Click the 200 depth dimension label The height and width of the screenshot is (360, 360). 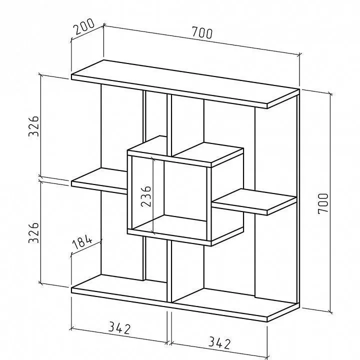(x=84, y=26)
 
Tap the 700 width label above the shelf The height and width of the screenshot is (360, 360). (x=202, y=32)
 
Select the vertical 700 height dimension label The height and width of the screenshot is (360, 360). (x=323, y=203)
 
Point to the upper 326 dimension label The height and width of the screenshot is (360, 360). (x=33, y=126)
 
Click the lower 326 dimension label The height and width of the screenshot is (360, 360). (x=33, y=232)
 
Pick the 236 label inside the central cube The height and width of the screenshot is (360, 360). (x=146, y=196)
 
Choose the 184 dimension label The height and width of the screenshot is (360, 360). (x=82, y=242)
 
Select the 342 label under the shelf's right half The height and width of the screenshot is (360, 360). (x=219, y=343)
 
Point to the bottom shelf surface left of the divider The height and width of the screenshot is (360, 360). (x=119, y=287)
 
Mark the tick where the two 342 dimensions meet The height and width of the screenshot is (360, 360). (x=169, y=343)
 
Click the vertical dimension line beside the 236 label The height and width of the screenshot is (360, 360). (x=153, y=195)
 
